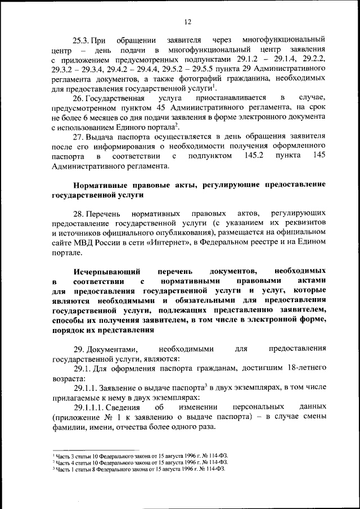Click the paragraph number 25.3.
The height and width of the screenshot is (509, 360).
82,40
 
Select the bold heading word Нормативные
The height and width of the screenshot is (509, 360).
97,184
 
